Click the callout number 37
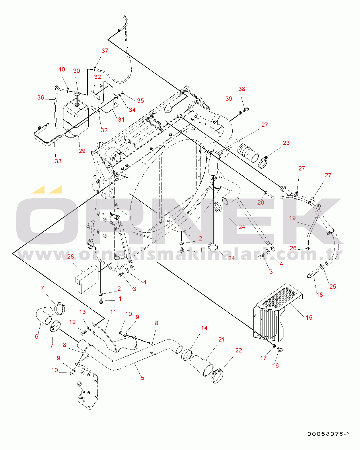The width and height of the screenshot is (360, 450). (x=105, y=51)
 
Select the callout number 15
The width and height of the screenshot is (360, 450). (x=309, y=317)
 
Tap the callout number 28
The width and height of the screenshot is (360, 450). (x=70, y=257)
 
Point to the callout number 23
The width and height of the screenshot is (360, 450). (x=286, y=143)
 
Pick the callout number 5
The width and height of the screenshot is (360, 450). (x=142, y=378)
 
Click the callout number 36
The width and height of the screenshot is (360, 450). (x=41, y=98)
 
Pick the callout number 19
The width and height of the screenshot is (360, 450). (x=292, y=218)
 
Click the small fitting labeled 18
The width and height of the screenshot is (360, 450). (x=312, y=274)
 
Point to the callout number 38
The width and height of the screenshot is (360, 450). (x=242, y=89)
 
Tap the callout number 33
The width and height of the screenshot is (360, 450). (x=58, y=161)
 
